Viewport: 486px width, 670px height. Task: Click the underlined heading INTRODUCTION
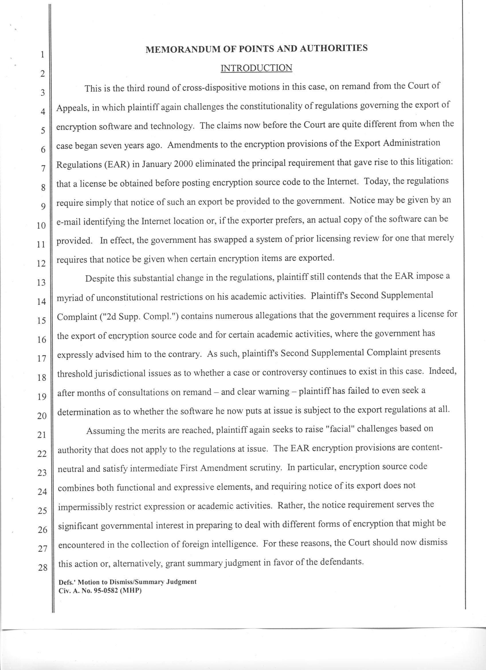[256, 68]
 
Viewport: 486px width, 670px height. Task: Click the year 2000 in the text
[184, 163]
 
